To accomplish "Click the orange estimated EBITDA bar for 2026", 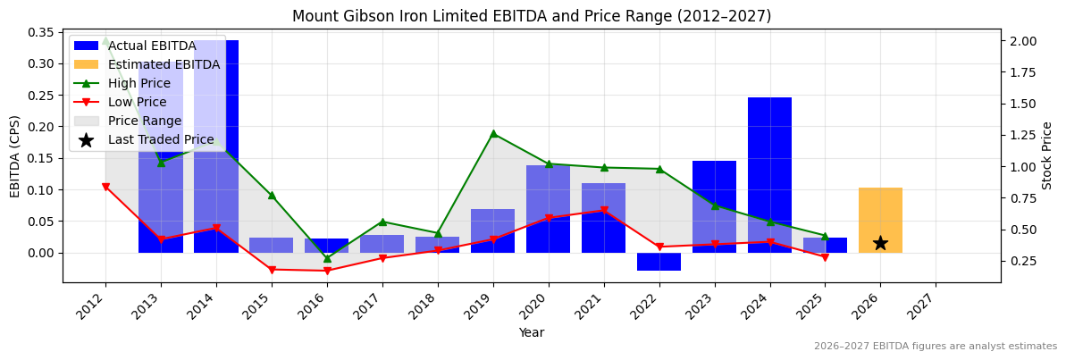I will tap(880, 220).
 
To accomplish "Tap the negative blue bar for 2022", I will tap(659, 261).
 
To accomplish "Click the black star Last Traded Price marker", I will tap(880, 243).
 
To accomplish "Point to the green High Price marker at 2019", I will tap(493, 133).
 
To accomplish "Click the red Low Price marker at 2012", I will tap(105, 187).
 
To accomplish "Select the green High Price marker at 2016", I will tap(327, 258).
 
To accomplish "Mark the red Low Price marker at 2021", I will tap(604, 211).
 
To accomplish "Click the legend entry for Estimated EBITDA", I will tap(164, 64).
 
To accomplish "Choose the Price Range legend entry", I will tap(144, 121).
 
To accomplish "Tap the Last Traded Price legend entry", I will tap(161, 139).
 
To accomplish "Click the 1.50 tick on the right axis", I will tap(1022, 104).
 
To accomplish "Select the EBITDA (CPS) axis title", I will tap(14, 155).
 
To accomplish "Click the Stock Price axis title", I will tap(1047, 155).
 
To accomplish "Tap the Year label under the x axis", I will tap(531, 332).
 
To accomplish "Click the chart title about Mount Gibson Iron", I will tap(531, 16).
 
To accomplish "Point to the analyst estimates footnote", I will tap(935, 347).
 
